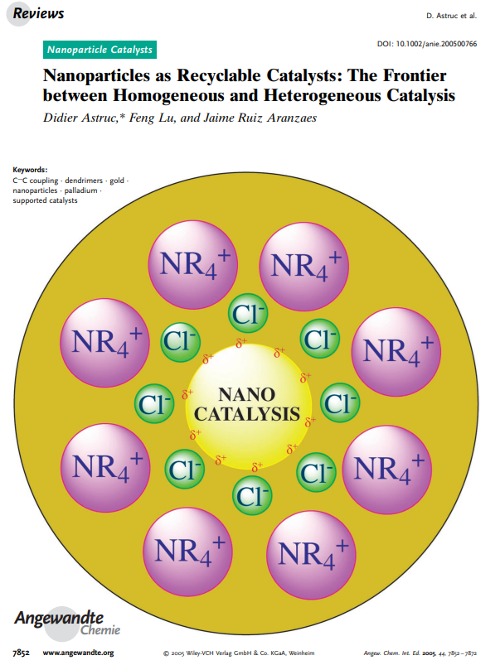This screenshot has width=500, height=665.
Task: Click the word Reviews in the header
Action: pos(38,13)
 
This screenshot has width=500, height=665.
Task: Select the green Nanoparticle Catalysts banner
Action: pos(100,50)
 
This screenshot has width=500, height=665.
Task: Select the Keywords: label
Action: pos(31,169)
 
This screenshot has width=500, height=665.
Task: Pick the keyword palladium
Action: pos(80,190)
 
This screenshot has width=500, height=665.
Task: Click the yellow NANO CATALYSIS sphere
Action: pos(248,404)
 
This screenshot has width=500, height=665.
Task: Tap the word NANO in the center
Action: pos(248,392)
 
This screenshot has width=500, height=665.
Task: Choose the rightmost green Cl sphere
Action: pos(340,403)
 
